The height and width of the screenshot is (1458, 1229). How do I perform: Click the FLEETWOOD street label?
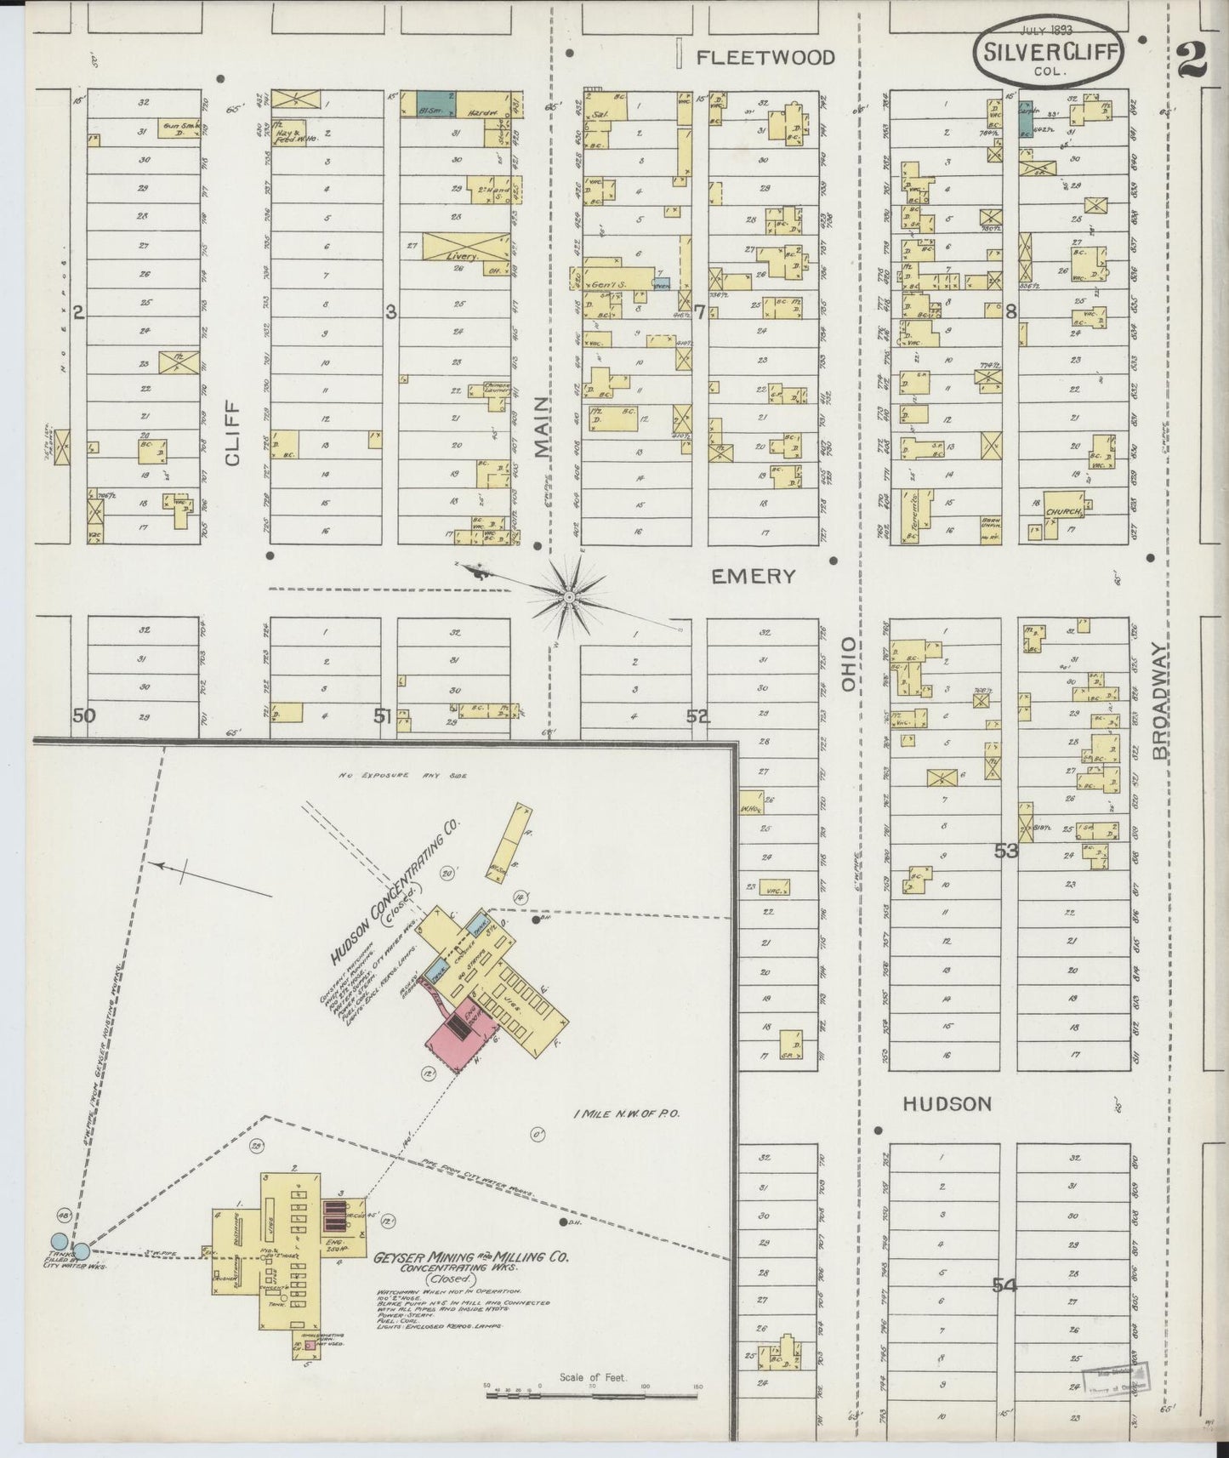(x=765, y=58)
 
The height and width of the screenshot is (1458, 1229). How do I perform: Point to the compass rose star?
(x=567, y=598)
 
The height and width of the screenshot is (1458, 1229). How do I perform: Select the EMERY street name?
(x=754, y=577)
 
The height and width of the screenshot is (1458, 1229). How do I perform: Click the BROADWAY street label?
(x=1162, y=700)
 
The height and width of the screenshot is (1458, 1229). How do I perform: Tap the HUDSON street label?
(x=947, y=1103)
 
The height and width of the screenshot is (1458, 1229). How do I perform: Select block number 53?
(x=1006, y=850)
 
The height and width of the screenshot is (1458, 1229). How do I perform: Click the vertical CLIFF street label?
(x=233, y=435)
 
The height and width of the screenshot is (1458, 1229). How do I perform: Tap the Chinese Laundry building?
(x=495, y=390)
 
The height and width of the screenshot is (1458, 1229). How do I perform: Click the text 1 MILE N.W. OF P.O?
(x=629, y=1113)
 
